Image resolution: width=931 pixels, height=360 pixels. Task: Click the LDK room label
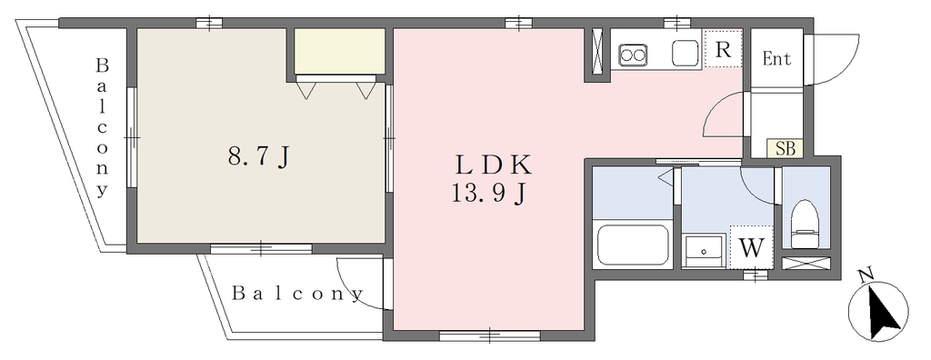point(493,165)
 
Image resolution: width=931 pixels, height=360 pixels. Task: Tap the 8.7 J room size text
point(259,157)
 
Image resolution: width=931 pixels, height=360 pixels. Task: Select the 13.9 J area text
point(488,194)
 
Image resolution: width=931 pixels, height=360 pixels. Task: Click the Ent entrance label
point(776,59)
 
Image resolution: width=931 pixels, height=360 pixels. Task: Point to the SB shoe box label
point(786,148)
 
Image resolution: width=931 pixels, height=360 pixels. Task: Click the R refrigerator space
point(723,49)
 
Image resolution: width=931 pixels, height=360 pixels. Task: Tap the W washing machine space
point(751,247)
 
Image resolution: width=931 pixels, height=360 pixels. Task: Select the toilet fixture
point(806,224)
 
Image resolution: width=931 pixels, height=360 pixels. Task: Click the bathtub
point(633,245)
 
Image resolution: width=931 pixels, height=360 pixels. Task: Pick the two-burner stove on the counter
point(633,55)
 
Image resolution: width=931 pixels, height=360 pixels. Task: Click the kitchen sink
point(685,54)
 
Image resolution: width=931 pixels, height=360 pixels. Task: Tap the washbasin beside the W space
point(704,251)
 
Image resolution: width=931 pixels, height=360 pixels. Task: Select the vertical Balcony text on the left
point(102,126)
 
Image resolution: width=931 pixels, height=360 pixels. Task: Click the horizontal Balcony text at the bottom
point(297,293)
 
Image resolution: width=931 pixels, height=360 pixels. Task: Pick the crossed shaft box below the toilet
point(806,263)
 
